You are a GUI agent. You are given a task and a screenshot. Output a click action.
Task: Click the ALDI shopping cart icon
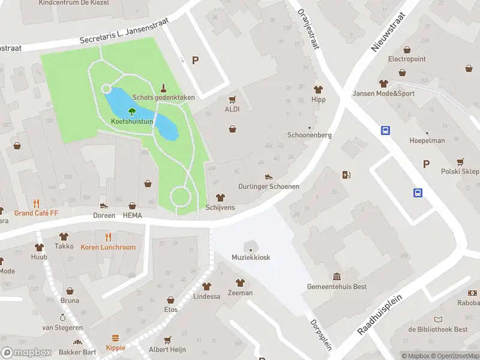pos(232,99)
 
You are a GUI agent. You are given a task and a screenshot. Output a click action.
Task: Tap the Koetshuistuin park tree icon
pos(132,111)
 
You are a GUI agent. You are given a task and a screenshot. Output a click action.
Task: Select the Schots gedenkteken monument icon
pos(163,87)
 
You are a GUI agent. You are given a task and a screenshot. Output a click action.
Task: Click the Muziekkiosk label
pos(251,257)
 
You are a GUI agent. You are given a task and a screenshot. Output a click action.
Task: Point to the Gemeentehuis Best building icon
pos(336,277)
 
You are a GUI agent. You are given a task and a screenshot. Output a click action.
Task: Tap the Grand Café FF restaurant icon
pos(37,203)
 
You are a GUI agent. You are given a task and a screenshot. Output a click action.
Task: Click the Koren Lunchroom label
pos(108,247)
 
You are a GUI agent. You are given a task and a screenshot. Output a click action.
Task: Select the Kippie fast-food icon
pos(116,338)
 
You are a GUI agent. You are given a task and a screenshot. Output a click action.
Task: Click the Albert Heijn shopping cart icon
pos(167,340)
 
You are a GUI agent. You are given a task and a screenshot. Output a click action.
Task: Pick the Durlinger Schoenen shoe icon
pos(269,176)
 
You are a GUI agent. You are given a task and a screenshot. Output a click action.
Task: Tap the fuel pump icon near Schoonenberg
pos(346,175)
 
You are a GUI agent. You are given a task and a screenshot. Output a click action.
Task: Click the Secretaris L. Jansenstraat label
pos(125,31)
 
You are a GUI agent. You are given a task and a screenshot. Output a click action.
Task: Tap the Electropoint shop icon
pos(407,50)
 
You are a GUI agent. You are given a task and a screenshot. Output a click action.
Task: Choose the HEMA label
pos(133,215)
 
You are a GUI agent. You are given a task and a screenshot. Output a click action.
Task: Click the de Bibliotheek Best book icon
pos(438,319)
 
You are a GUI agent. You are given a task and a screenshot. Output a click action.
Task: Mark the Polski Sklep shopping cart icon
pos(460,161)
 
